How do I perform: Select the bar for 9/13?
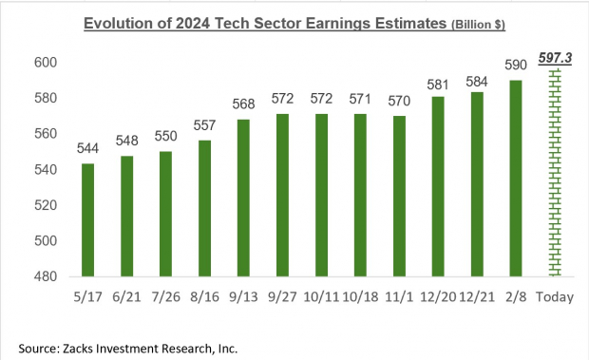pyautogui.click(x=243, y=199)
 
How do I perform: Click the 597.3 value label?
pyautogui.click(x=554, y=59)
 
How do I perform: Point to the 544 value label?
pyautogui.click(x=87, y=149)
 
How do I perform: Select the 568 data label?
pyautogui.click(x=243, y=104)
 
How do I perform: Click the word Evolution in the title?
pyautogui.click(x=118, y=22)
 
